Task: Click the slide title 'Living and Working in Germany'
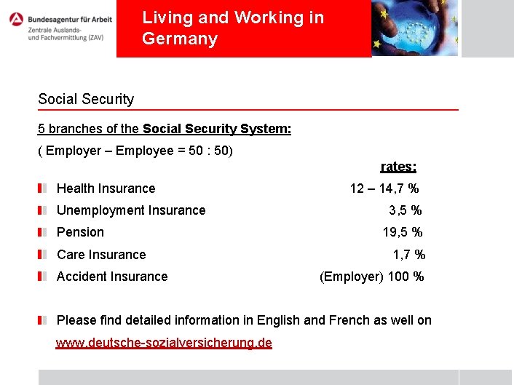pyautogui.click(x=233, y=28)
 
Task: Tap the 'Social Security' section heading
pyautogui.click(x=86, y=99)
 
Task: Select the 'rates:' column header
pyautogui.click(x=398, y=167)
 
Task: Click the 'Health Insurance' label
pyautogui.click(x=106, y=188)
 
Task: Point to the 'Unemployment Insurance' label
pyautogui.click(x=131, y=210)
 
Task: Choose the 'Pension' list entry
pyautogui.click(x=80, y=232)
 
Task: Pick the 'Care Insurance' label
pyautogui.click(x=101, y=255)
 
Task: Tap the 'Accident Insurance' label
pyautogui.click(x=112, y=277)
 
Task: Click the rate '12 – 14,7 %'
pyautogui.click(x=384, y=188)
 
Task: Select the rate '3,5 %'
pyautogui.click(x=405, y=210)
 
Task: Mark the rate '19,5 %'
pyautogui.click(x=403, y=232)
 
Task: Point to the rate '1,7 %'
pyautogui.click(x=409, y=255)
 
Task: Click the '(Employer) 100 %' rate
pyautogui.click(x=371, y=277)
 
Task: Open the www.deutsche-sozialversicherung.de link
pyautogui.click(x=164, y=343)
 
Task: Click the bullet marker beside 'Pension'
pyautogui.click(x=44, y=232)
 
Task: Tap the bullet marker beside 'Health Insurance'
pyautogui.click(x=44, y=188)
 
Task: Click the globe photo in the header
pyautogui.click(x=415, y=28)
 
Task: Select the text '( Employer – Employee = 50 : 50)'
pyautogui.click(x=135, y=151)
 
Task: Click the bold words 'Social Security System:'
pyautogui.click(x=217, y=129)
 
